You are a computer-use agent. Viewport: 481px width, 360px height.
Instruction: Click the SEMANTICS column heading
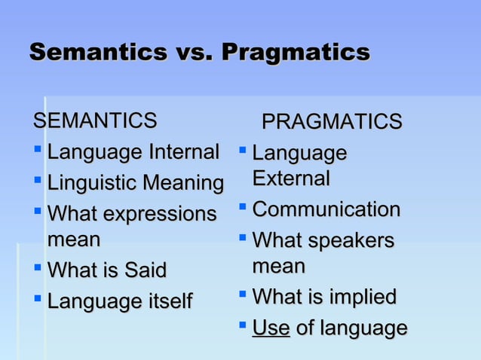(x=95, y=120)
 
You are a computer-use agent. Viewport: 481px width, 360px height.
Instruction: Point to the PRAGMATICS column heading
(x=331, y=121)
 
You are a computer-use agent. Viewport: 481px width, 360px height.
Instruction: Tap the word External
(x=291, y=179)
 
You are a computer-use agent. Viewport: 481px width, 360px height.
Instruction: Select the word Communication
(x=326, y=209)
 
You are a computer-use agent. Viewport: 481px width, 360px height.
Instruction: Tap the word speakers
(x=353, y=240)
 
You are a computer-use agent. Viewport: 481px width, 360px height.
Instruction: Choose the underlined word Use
(x=271, y=328)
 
